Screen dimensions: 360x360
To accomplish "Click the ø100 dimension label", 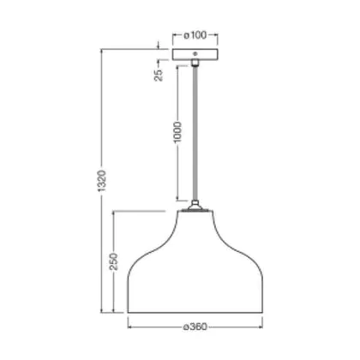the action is [195, 35].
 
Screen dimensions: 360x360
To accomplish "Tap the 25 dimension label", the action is [159, 75].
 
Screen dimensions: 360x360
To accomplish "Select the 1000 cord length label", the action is [177, 132].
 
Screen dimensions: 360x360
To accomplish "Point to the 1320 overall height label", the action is [101, 181].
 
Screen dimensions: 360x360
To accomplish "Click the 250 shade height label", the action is [114, 261].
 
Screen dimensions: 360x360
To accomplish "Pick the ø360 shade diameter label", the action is [195, 327].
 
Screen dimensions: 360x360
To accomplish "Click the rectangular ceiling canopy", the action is [195, 55].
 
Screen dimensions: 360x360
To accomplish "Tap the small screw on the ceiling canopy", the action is [195, 53].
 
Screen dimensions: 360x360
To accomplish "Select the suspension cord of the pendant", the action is [195, 133].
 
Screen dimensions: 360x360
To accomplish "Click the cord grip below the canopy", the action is [195, 63].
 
